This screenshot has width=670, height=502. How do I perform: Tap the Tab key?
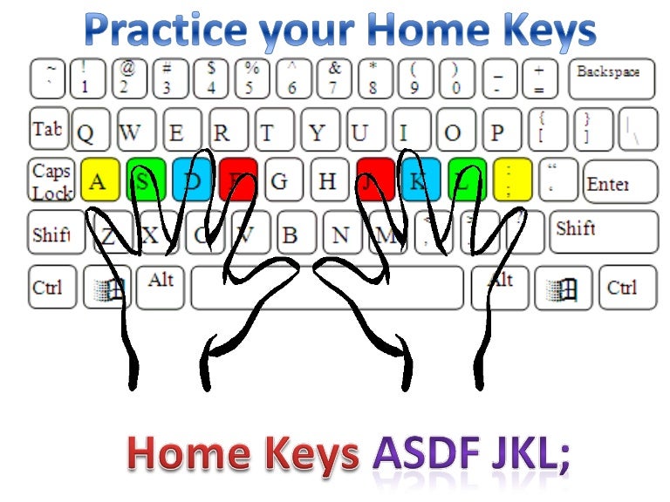(47, 129)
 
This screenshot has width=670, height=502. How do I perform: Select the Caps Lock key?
(51, 180)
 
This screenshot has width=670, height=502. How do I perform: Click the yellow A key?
(99, 180)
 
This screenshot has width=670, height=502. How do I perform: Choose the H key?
(328, 180)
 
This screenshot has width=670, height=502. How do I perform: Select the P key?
(499, 131)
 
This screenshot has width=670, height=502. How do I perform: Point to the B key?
(292, 233)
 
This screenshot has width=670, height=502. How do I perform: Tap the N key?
(342, 233)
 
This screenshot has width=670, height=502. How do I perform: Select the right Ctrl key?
(623, 287)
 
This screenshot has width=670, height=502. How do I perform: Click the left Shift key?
(54, 233)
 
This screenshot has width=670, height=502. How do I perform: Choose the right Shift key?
(603, 231)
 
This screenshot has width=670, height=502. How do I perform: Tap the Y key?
(319, 131)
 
